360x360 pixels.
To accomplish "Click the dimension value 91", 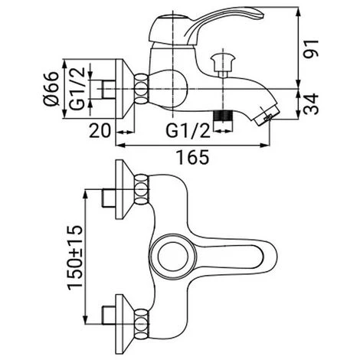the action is click(x=312, y=48).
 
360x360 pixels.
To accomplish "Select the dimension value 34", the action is click(x=312, y=104).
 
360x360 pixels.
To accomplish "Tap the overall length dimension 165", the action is click(x=193, y=157).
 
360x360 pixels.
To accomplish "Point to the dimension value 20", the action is click(x=100, y=130).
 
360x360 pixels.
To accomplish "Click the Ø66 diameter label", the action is click(x=51, y=89).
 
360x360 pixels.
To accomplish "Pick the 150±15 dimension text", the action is click(x=75, y=258).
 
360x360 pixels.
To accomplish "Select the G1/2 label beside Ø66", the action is click(x=77, y=89).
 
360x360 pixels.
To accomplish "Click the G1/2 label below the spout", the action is click(x=188, y=130).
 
